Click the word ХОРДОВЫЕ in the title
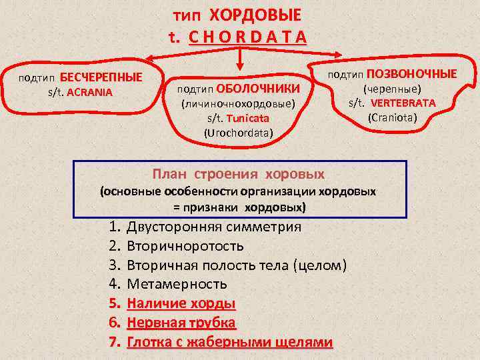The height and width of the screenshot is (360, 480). coord(255,15)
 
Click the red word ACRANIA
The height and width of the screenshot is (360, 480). coord(90,91)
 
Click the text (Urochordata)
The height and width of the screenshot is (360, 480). coord(238,133)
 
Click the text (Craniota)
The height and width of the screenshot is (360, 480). coord(392,118)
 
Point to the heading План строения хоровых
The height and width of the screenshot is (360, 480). coord(238,175)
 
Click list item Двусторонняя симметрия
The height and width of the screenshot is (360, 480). coord(213,227)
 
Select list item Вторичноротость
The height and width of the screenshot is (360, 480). coord(185,246)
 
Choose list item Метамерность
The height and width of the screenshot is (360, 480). coord(177,285)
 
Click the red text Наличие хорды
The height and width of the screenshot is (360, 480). coord(181,304)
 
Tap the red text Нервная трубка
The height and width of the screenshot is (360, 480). coord(181,323)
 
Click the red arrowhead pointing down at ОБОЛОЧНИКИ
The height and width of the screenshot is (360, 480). coord(241,65)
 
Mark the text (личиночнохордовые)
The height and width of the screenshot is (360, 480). coord(238,104)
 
